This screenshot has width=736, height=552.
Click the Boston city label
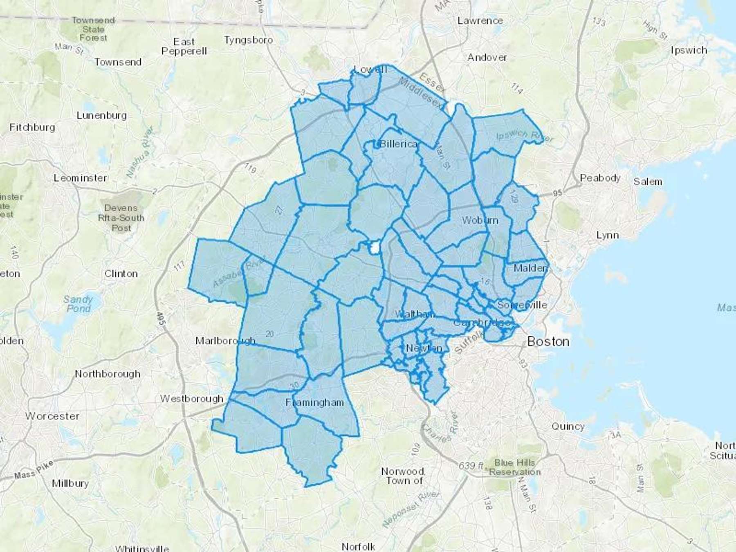[x=548, y=341]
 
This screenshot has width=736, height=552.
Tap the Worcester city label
[x=52, y=416]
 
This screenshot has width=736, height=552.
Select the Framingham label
[x=314, y=403]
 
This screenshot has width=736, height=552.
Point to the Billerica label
[x=398, y=144]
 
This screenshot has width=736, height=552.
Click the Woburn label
[x=480, y=220]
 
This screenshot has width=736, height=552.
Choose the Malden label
[x=530, y=268]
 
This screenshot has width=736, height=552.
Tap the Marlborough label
[x=225, y=341]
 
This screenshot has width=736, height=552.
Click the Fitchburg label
[x=32, y=127]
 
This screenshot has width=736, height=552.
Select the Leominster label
[x=81, y=178]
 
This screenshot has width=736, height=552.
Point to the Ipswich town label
[x=689, y=50]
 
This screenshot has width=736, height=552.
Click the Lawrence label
[x=480, y=20]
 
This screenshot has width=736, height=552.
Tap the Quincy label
[x=568, y=426]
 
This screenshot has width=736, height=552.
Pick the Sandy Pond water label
[x=78, y=304]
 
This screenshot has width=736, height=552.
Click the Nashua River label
[x=140, y=152]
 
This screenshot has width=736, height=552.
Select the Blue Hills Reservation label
[x=514, y=467]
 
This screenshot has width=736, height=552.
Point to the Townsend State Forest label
[x=93, y=29]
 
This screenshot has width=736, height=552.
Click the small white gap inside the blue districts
[x=375, y=247]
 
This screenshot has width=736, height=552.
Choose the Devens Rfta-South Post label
[x=121, y=218]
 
